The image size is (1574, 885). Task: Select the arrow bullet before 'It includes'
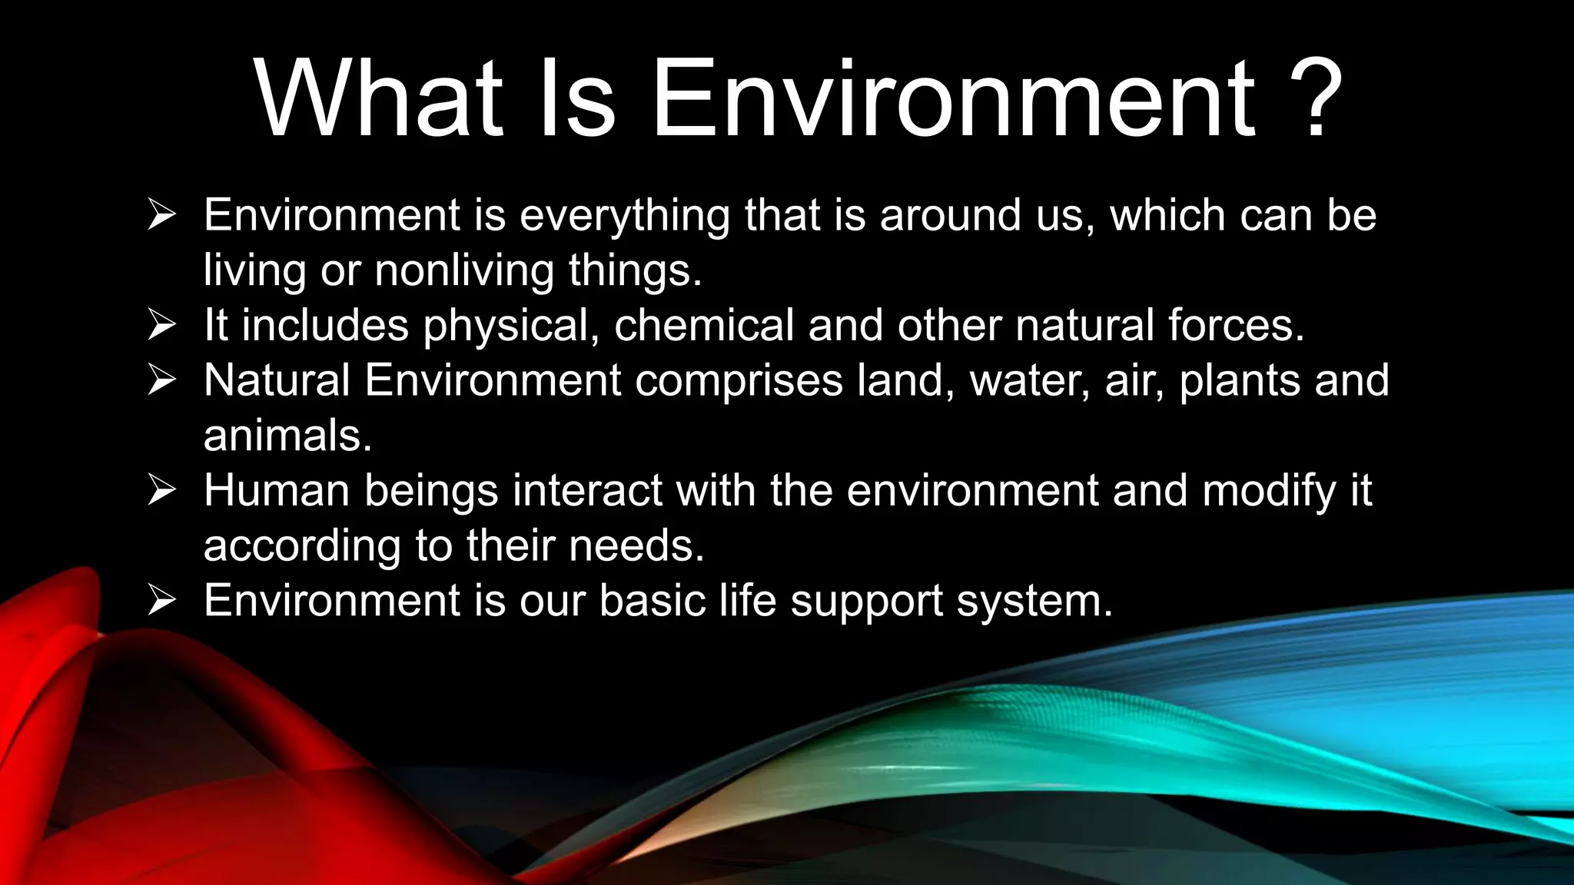[162, 326]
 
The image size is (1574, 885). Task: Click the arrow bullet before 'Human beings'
[162, 491]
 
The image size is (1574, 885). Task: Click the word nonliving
[463, 270]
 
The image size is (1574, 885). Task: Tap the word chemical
[703, 326]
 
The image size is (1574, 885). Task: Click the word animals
[287, 436]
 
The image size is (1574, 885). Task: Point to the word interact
[587, 490]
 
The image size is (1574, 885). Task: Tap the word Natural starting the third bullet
[277, 381]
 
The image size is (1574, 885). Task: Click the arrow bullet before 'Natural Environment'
[162, 381]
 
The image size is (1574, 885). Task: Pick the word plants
[1240, 381]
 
